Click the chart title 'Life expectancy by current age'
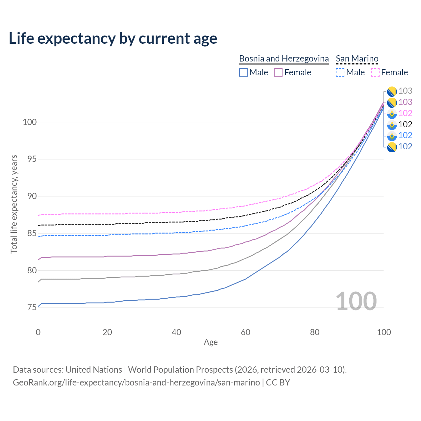113,38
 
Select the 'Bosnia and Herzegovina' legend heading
284,59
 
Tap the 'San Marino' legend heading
357,59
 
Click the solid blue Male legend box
243,72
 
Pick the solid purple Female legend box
278,72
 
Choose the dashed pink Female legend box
375,72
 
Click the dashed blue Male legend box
340,72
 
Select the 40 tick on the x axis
176,332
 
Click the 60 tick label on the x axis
246,332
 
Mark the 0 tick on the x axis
38,332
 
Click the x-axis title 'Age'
210,342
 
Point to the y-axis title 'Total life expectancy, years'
14,204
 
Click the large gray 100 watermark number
356,301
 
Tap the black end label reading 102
405,124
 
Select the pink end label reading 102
405,113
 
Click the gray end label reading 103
405,91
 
